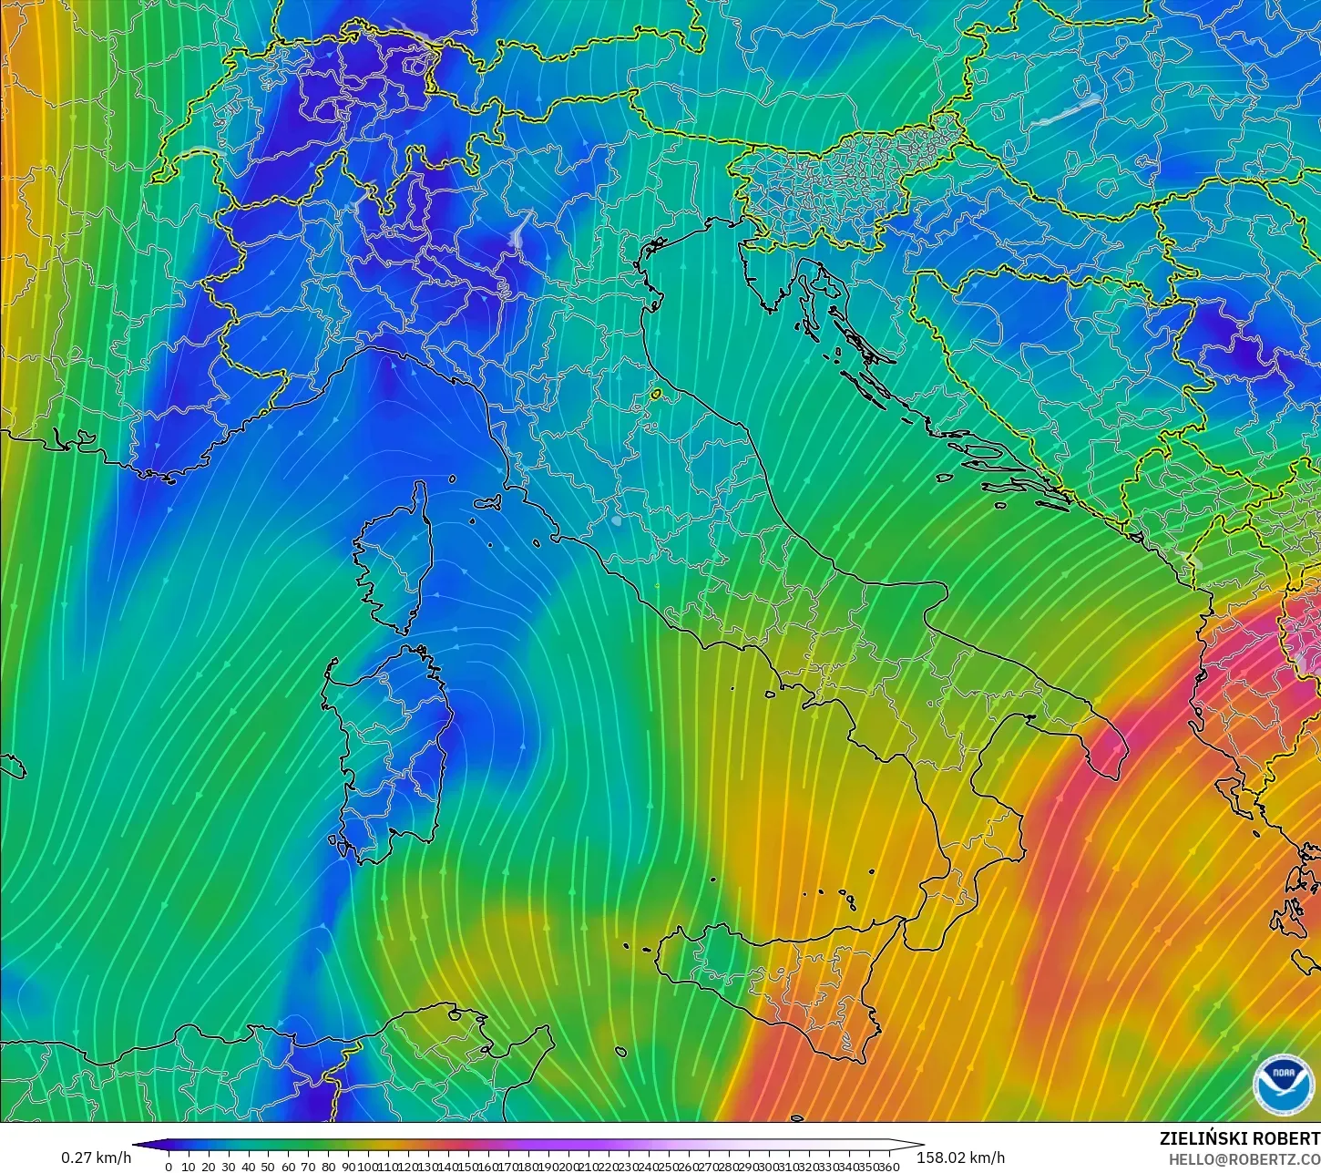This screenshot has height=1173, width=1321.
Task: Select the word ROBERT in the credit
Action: coord(1286,1139)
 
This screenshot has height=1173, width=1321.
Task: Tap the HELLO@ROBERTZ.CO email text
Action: coord(1232,1159)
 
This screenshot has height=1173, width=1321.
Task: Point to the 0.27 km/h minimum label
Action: coord(96,1158)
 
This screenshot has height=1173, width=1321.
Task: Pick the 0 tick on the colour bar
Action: coord(169,1167)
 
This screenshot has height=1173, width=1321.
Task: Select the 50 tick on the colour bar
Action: coord(268,1167)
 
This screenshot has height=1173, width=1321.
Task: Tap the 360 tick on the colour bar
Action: coord(889,1167)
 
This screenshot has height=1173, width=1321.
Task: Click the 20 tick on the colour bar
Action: coord(208,1167)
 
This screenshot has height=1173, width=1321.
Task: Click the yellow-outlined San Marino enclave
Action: coord(655,396)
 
